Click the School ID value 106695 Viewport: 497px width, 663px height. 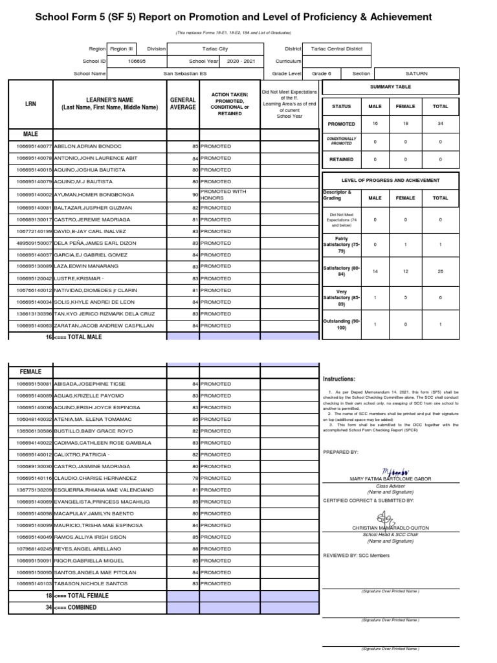coord(138,62)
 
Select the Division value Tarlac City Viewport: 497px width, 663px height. coord(215,49)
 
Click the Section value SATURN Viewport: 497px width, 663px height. coord(416,74)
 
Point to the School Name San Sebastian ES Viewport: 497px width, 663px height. coord(186,74)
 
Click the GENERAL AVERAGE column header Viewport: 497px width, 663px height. coord(183,104)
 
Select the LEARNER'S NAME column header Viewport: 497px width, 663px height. coord(109,104)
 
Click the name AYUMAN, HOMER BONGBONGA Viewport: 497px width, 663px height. coord(94,194)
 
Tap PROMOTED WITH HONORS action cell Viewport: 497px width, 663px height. coord(223,194)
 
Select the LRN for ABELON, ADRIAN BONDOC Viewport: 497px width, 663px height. coord(30,146)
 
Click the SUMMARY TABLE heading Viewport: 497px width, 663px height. coord(390,87)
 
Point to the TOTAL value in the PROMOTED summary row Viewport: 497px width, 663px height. coord(440,124)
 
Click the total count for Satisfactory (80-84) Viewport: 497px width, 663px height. coord(440,271)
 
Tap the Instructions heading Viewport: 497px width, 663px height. coord(338,379)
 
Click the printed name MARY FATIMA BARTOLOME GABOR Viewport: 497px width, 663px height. coord(390,479)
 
